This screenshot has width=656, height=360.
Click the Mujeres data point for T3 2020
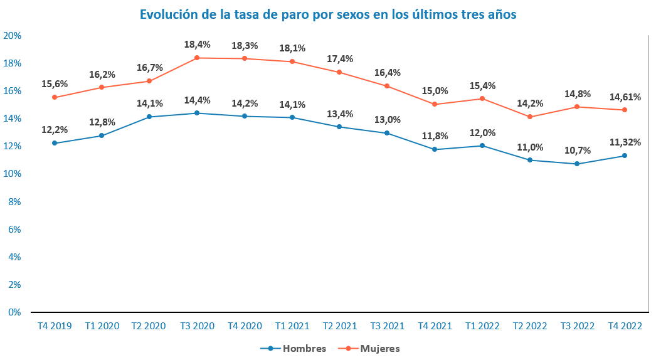point(197,58)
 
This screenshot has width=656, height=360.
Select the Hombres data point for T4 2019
point(55,143)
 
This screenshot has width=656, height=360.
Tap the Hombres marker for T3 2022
point(577,164)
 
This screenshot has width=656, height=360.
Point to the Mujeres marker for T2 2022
point(530,117)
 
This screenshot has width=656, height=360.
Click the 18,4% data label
point(197,45)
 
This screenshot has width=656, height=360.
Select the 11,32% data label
point(625,142)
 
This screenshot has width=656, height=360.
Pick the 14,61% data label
point(625,97)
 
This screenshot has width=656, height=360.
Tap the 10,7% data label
point(578,151)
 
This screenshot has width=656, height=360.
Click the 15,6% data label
point(55,84)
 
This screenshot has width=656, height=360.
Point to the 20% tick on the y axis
point(13,36)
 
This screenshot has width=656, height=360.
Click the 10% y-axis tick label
point(13,174)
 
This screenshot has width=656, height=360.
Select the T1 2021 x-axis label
point(292,326)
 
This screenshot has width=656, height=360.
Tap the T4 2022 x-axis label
point(625,326)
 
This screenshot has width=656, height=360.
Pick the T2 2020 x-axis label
point(149,326)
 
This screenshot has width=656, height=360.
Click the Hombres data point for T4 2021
point(435,149)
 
